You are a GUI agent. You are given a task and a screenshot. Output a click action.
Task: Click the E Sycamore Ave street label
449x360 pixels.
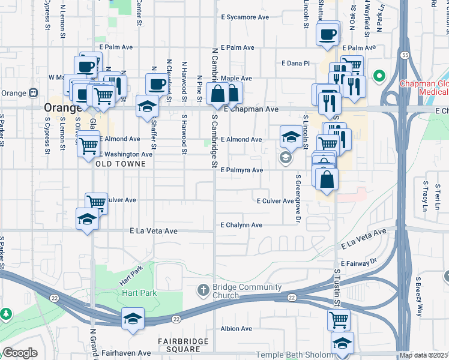coord(245,17)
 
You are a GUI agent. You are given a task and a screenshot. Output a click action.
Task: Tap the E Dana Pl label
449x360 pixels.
coord(295,63)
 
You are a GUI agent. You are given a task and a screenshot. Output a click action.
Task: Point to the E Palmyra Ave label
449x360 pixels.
coord(242,170)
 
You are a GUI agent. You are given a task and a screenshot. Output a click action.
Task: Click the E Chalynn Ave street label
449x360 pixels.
coord(241,225)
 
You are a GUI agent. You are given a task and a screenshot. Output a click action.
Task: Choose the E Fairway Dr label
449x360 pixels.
coord(358,263)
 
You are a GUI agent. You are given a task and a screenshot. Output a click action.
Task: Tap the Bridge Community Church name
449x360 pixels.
coord(243,292)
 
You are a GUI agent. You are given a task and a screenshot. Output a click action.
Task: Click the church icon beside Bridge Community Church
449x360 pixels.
coord(203,290)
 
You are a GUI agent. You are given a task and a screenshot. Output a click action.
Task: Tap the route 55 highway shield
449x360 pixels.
coord(406,55)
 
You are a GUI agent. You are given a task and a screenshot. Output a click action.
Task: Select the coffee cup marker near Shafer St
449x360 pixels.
coord(157,84)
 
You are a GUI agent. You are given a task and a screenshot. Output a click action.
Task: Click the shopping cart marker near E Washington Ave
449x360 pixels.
coord(89,145)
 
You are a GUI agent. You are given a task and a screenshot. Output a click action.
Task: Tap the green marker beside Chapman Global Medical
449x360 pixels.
coord(379,76)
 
